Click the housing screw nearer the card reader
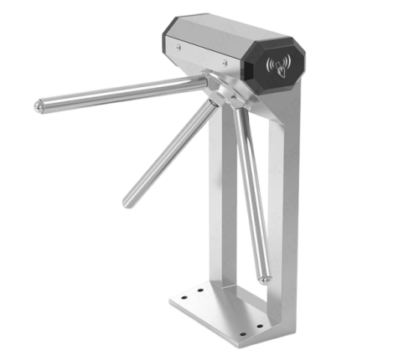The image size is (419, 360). coord(224,64)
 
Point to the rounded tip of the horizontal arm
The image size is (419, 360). coord(39,106)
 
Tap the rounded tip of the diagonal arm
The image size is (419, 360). coord(127,202)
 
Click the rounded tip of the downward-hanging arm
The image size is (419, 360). coord(264,277)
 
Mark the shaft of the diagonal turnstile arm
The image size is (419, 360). coord(168,151)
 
